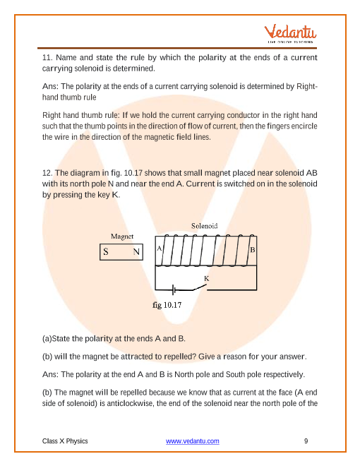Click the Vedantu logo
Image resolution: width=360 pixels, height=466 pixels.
(290, 34)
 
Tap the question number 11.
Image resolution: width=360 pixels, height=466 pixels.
(47, 57)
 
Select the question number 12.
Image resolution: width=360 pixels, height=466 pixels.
(47, 173)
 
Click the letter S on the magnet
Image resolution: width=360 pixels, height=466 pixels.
(106, 252)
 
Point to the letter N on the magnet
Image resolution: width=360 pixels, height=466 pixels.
(136, 252)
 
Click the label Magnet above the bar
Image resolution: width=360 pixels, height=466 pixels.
(122, 237)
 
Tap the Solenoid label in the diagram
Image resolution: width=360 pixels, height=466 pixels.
(205, 226)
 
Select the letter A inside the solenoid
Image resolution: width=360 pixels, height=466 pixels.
(160, 249)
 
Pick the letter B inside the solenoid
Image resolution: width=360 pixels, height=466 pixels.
(253, 250)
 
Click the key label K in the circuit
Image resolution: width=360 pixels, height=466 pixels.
(206, 278)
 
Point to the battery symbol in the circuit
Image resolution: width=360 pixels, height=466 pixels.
(174, 289)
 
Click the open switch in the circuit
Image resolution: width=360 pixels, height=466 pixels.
(199, 287)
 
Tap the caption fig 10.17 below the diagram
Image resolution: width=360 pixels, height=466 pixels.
(167, 305)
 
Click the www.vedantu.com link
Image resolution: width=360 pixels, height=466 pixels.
(193, 441)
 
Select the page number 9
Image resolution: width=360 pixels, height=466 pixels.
(306, 441)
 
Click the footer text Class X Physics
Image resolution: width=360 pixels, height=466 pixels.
(65, 441)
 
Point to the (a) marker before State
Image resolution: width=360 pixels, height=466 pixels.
(47, 338)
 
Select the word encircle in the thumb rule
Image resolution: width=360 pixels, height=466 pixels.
(304, 126)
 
